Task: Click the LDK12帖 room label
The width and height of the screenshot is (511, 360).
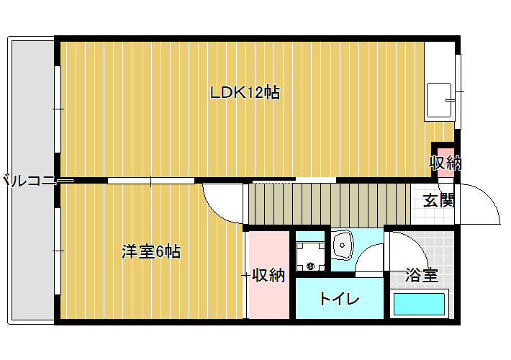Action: point(245,93)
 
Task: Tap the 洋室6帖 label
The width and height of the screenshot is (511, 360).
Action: point(151,251)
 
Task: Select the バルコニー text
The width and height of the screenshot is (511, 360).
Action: point(30,180)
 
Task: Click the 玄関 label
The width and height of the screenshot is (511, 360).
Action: point(438,200)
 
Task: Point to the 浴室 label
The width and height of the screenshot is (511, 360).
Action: point(422,275)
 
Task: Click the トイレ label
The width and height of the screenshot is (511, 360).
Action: point(339,299)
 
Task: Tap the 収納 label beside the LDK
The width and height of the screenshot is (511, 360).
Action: point(446,163)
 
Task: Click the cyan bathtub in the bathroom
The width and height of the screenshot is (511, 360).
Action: point(419,305)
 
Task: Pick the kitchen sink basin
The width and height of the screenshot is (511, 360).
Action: point(439,100)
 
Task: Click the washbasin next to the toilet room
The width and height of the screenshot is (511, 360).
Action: point(342,245)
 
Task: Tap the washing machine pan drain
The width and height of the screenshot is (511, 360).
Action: point(310,266)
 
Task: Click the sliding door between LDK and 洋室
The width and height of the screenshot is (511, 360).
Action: point(151,181)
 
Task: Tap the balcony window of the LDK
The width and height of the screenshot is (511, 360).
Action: point(58,109)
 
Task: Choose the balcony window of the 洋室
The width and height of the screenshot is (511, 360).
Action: point(58,251)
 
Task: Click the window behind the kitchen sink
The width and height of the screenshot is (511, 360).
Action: point(458,91)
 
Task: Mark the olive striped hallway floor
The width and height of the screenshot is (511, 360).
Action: point(329,204)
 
